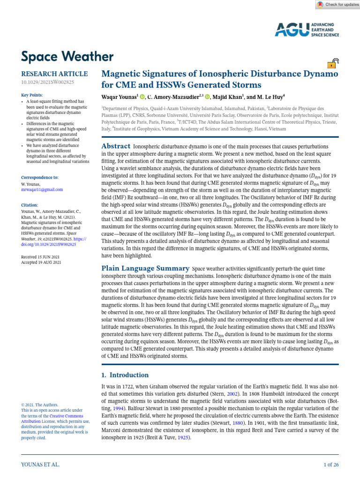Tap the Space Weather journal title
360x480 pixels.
pos(67,57)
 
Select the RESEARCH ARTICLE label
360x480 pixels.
pos(54,74)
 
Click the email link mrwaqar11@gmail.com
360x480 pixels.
pos(42,189)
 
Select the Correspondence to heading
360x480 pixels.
pos(40,178)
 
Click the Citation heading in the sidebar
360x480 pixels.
pos(30,205)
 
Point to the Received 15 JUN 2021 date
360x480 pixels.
pos(40,257)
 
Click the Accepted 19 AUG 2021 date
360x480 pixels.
pos(41,262)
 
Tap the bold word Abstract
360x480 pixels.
pos(116,147)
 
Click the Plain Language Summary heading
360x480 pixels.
pos(145,268)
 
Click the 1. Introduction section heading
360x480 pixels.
pos(125,375)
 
